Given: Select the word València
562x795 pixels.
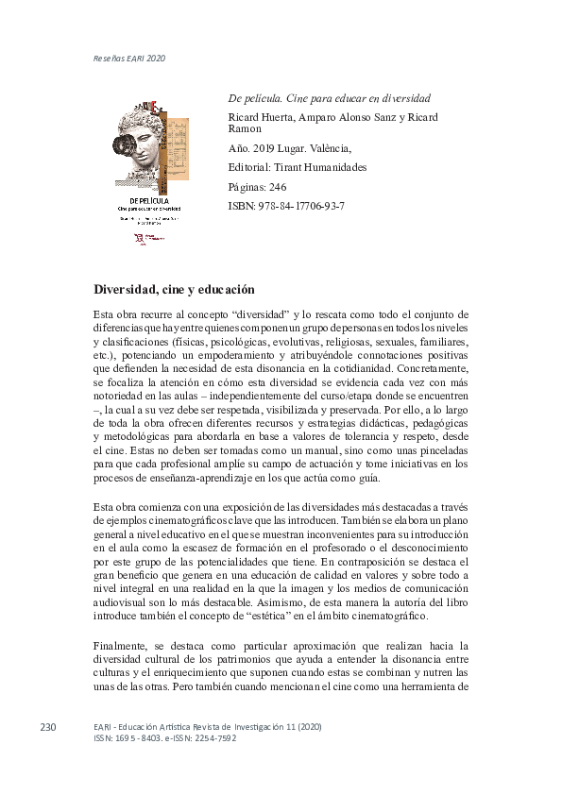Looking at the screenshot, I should tap(328, 149).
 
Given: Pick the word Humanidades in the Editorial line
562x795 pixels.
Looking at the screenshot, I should tap(334, 168).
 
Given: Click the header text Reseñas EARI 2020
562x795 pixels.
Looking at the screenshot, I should tap(129, 58).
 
